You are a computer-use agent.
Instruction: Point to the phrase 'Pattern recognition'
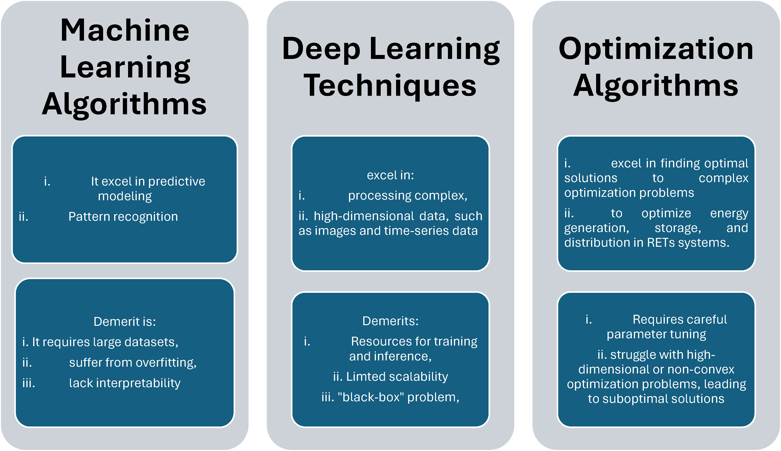123,217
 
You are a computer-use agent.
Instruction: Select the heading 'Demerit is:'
125,322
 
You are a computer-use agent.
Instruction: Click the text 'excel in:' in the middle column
390,175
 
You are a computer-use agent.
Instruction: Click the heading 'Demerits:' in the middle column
390,321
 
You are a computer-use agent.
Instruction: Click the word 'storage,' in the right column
678,228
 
